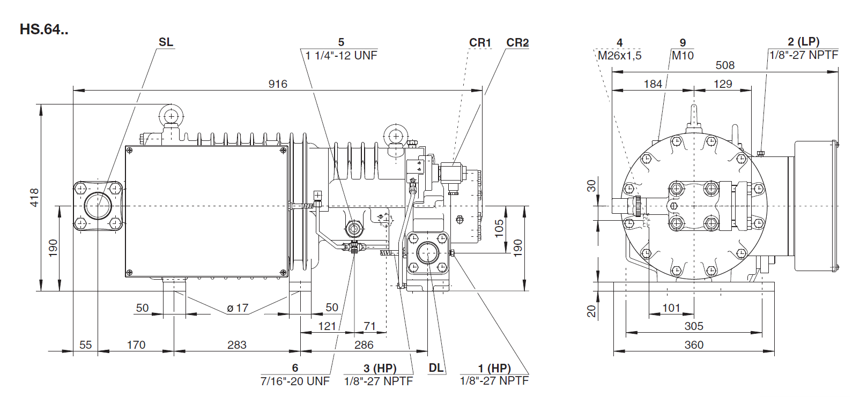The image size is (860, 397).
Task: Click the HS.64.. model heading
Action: (x=44, y=29)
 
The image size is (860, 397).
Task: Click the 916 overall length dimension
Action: (x=278, y=84)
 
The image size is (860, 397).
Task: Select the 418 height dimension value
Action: (x=34, y=197)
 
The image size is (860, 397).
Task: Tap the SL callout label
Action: (x=166, y=42)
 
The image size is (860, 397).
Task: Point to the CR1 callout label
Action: (x=480, y=42)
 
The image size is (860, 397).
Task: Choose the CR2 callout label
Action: (x=517, y=42)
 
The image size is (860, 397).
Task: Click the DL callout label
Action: (x=436, y=368)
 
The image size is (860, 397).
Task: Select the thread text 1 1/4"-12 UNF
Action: (x=342, y=55)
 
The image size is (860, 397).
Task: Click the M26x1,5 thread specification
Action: (x=619, y=55)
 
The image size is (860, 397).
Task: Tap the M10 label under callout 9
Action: (x=683, y=55)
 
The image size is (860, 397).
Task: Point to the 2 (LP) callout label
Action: (x=804, y=42)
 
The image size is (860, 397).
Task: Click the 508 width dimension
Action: (x=725, y=65)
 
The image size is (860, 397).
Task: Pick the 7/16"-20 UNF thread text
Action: (x=295, y=381)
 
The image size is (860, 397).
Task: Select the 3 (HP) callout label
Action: (x=380, y=368)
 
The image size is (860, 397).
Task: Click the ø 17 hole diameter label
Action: (x=238, y=308)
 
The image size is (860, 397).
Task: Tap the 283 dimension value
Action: (x=237, y=344)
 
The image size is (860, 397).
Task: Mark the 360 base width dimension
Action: (x=694, y=344)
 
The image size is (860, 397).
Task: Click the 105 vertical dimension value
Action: (x=499, y=228)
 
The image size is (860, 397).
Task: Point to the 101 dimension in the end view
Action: (x=671, y=308)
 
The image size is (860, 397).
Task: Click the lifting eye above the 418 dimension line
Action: (x=170, y=115)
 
